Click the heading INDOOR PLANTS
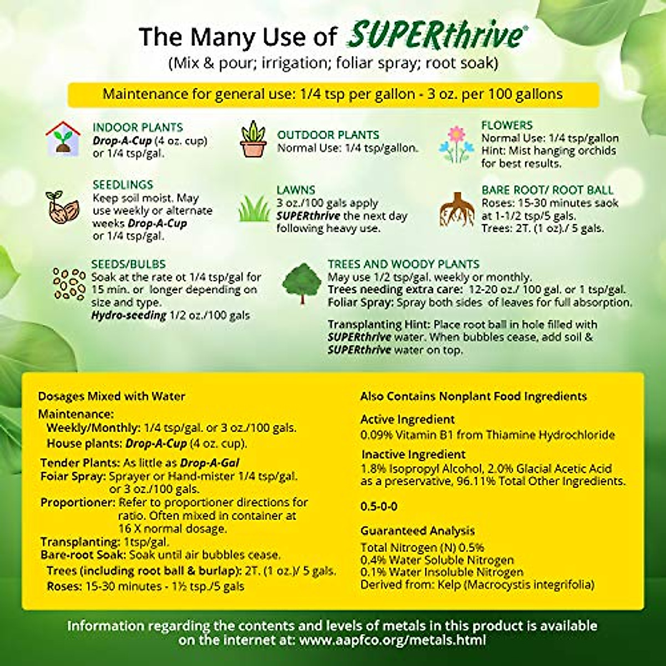pyautogui.click(x=138, y=127)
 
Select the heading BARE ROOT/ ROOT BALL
pyautogui.click(x=547, y=190)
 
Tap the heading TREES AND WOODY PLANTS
pyautogui.click(x=403, y=264)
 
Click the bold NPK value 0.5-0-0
pyautogui.click(x=379, y=507)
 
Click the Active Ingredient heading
pyautogui.click(x=407, y=420)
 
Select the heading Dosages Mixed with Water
pyautogui.click(x=112, y=396)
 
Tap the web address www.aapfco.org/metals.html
pyautogui.click(x=392, y=640)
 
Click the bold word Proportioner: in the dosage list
pyautogui.click(x=78, y=503)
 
